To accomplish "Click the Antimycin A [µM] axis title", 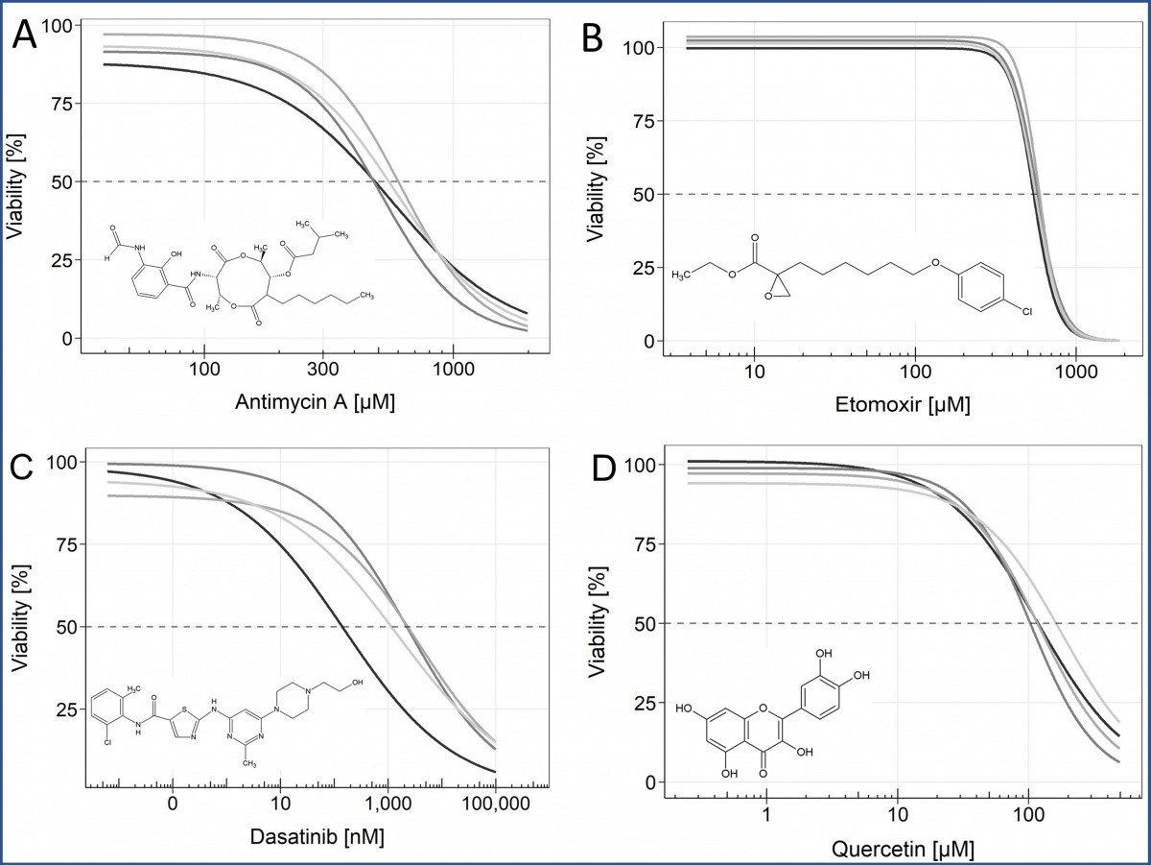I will [x=315, y=404].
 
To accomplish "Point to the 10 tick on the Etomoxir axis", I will [x=754, y=370].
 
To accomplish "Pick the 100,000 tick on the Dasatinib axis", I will [x=494, y=803].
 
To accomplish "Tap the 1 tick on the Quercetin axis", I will [x=766, y=813].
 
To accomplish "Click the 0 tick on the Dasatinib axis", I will [x=173, y=803].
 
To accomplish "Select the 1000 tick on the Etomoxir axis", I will [x=1076, y=370].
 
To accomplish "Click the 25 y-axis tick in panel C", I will [x=64, y=709].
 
